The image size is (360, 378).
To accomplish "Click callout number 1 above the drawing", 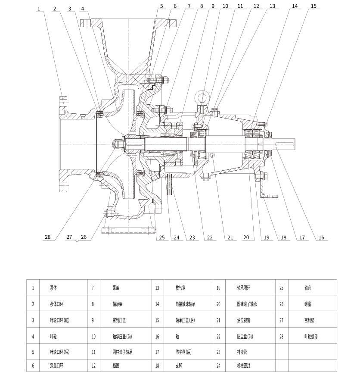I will click(x=39, y=9).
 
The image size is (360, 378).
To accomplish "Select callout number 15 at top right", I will click(x=313, y=6).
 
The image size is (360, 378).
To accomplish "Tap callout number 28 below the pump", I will click(x=48, y=237).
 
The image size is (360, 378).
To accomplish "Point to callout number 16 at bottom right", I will click(x=321, y=237).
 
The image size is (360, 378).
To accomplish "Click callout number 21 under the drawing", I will click(x=230, y=237).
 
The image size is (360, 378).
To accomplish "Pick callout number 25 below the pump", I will click(x=162, y=237).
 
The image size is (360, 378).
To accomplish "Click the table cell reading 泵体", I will click(x=53, y=288).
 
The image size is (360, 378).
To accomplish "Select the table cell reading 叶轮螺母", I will click(x=311, y=336).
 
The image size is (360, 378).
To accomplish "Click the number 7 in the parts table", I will click(x=93, y=288).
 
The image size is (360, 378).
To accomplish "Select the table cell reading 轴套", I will click(x=307, y=288).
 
